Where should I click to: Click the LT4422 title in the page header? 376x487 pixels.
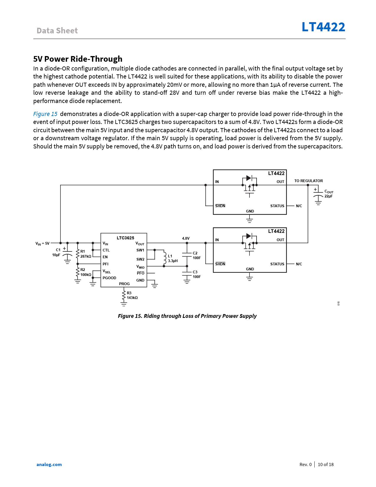click(323, 27)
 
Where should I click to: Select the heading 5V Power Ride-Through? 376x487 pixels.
click(78, 59)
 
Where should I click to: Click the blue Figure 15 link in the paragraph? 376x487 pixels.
click(45, 114)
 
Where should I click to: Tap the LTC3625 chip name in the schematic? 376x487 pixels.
click(125, 238)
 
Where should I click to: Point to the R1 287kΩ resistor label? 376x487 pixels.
click(86, 254)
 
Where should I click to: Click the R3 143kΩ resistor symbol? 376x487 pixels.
click(124, 296)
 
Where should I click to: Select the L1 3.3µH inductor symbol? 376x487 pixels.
click(165, 258)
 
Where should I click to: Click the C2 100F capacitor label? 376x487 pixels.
click(197, 256)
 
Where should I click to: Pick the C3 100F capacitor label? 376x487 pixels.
click(197, 274)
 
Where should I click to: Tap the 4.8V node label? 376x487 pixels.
click(186, 238)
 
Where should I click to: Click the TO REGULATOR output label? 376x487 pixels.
click(308, 181)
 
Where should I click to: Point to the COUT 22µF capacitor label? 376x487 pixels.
click(329, 194)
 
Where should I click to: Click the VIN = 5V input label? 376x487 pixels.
click(42, 243)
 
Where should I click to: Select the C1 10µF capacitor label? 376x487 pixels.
click(56, 252)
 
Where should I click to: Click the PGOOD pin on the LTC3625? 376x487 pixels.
click(109, 278)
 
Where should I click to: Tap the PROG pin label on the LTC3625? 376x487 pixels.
click(124, 284)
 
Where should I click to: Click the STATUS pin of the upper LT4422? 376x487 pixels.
click(277, 206)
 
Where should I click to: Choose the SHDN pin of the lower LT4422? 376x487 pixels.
click(220, 264)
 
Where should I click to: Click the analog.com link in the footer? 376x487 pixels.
click(49, 465)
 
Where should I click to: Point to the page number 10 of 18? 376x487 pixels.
click(326, 465)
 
